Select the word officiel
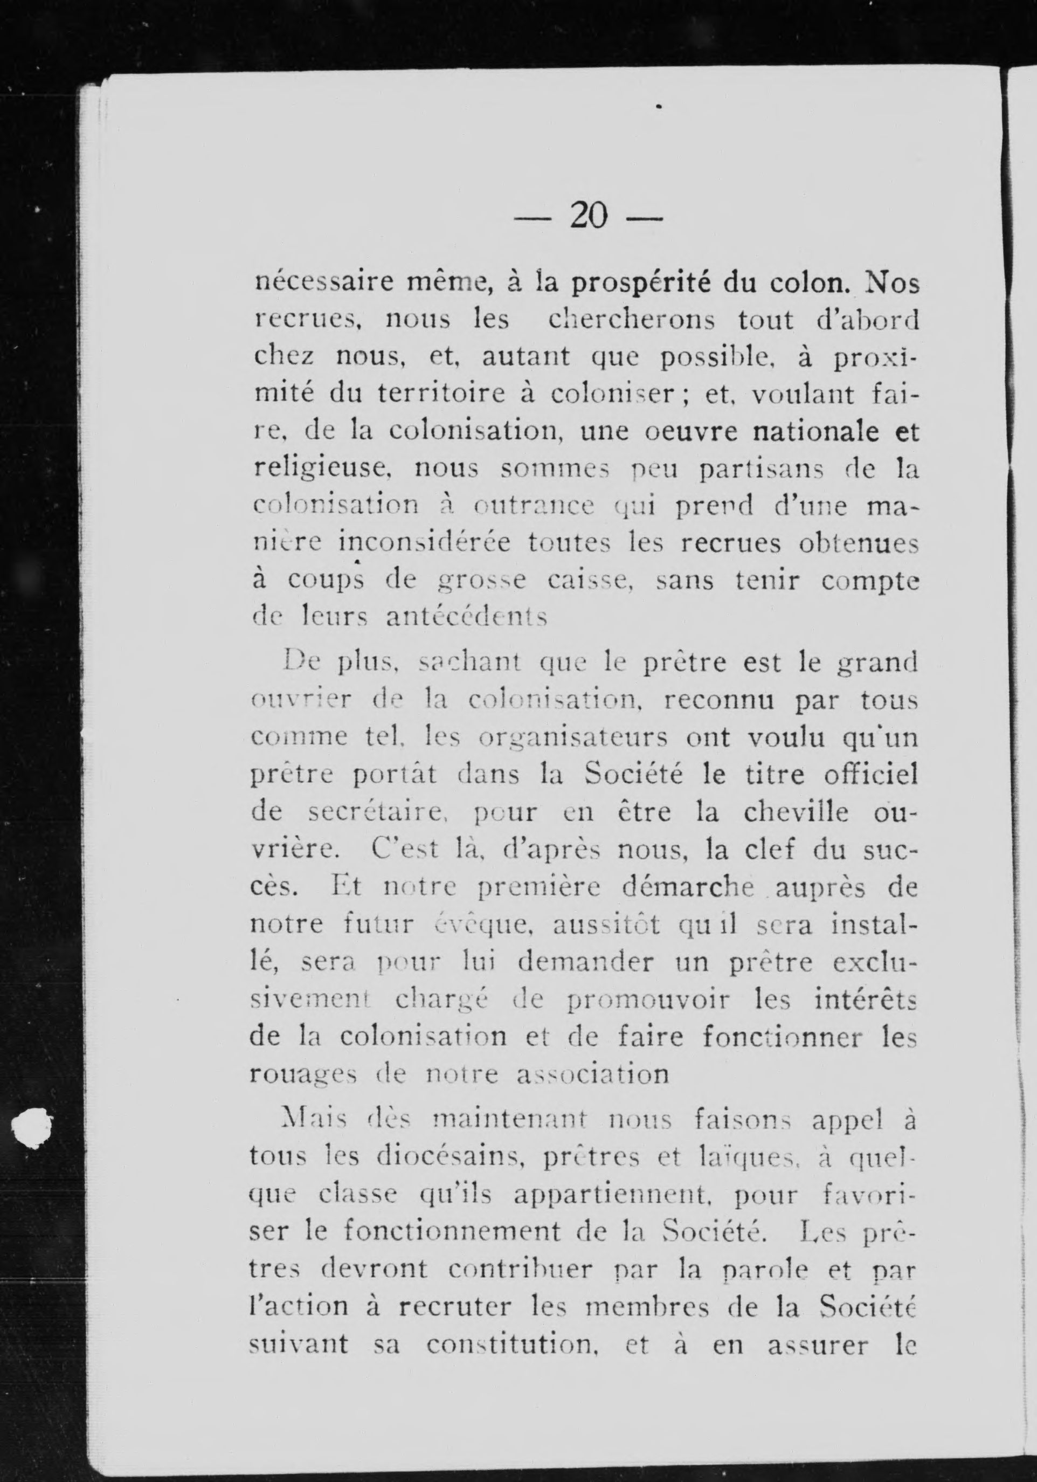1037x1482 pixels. (871, 775)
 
